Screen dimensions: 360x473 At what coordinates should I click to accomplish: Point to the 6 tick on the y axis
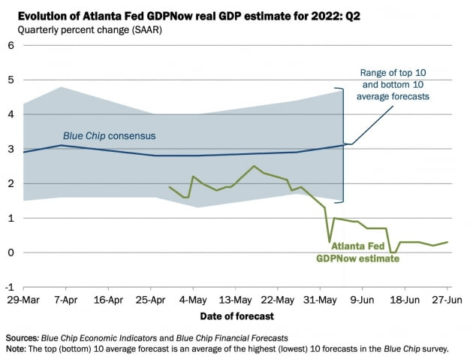pos(11,45)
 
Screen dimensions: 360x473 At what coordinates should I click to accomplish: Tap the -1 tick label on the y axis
pos(10,287)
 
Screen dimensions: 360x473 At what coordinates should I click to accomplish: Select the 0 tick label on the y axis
pos(11,253)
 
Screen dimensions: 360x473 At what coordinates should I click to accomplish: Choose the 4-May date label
pos(193,298)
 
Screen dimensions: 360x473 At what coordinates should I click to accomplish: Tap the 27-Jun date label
pos(448,298)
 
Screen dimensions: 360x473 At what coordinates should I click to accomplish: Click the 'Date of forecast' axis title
pos(236,316)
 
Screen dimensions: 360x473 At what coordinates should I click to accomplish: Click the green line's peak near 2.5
pos(254,166)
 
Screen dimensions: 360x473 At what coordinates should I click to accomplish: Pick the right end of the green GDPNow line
pos(448,242)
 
